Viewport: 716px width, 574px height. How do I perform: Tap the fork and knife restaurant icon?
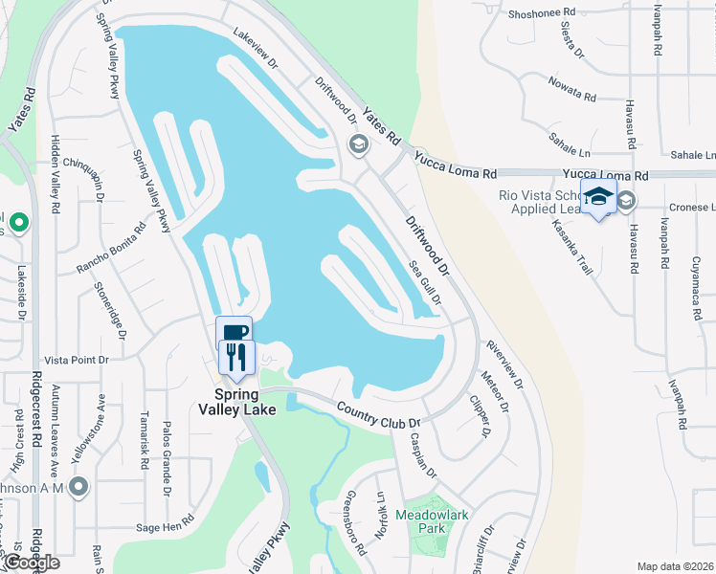pyautogui.click(x=236, y=357)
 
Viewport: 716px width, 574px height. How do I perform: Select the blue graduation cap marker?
pyautogui.click(x=598, y=196)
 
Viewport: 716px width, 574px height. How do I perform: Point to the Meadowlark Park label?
pyautogui.click(x=436, y=520)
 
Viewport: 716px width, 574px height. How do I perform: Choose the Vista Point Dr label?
pyautogui.click(x=78, y=360)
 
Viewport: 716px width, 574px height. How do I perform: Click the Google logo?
pyautogui.click(x=32, y=563)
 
